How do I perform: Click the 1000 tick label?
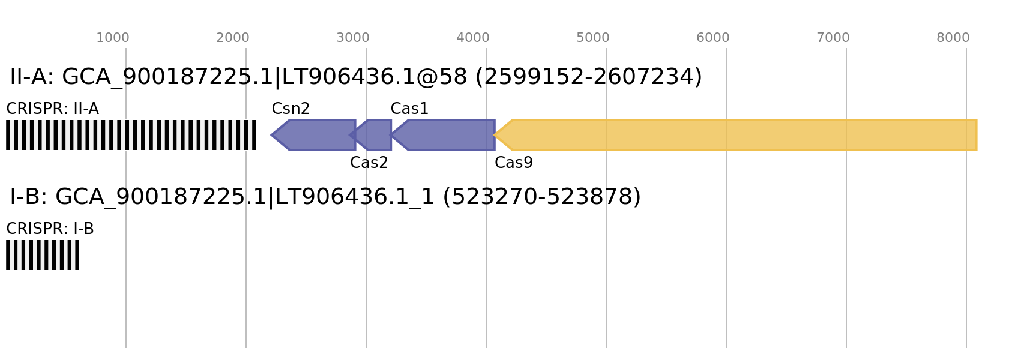point(113,38)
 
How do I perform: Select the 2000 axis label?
point(232,38)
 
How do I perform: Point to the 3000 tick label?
point(352,38)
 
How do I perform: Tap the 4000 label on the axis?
point(472,38)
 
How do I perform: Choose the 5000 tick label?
point(592,38)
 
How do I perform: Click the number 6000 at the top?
point(712,38)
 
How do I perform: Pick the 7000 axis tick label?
point(833,38)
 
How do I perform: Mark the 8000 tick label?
point(953,38)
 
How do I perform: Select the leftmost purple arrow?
point(318,135)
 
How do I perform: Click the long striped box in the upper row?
point(131,135)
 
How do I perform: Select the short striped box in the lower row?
point(43,255)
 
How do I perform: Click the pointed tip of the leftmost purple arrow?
point(272,135)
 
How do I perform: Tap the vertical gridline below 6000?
point(726,240)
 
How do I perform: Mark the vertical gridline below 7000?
point(846,240)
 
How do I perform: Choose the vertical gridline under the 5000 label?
point(606,240)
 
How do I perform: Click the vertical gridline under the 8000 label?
point(966,240)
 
